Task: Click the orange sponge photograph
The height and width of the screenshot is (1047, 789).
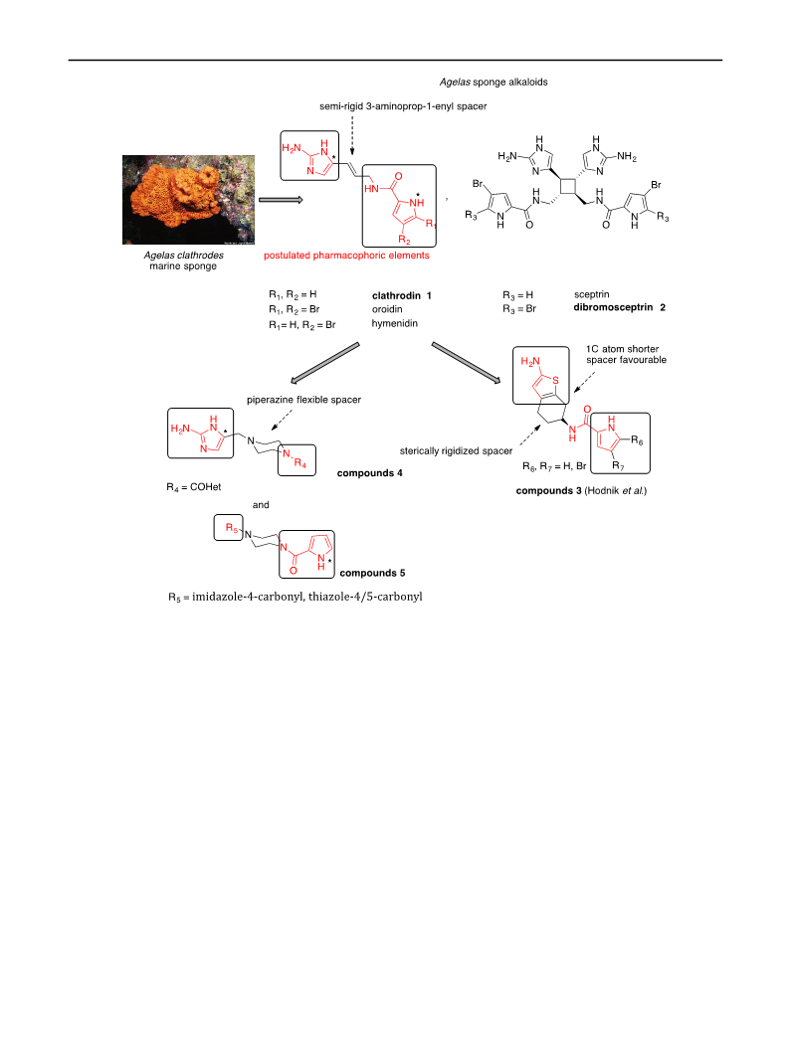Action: pyautogui.click(x=188, y=200)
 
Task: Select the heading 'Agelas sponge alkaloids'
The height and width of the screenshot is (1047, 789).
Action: pyautogui.click(x=493, y=83)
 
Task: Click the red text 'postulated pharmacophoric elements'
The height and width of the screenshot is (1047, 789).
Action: pyautogui.click(x=346, y=256)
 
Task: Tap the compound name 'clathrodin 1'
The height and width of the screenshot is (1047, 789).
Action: pyautogui.click(x=402, y=295)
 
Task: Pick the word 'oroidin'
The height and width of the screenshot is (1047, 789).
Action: pyautogui.click(x=387, y=309)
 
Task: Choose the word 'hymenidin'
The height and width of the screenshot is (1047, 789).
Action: pyautogui.click(x=395, y=323)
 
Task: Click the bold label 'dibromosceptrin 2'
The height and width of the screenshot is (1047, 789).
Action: pyautogui.click(x=619, y=307)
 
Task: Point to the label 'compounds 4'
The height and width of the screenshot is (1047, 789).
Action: pyautogui.click(x=369, y=472)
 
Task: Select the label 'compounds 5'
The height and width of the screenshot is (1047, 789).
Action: pyautogui.click(x=372, y=573)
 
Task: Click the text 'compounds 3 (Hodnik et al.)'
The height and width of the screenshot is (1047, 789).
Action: pyautogui.click(x=581, y=491)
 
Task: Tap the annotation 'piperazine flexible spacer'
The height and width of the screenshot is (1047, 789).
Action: pyautogui.click(x=304, y=400)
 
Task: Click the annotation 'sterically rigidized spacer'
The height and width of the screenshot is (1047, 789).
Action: pyautogui.click(x=457, y=450)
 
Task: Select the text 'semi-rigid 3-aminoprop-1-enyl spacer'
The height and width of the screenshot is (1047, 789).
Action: pyautogui.click(x=403, y=106)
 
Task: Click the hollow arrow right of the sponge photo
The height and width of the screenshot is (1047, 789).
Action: pyautogui.click(x=281, y=200)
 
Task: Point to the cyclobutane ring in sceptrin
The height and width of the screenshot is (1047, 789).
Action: pyautogui.click(x=568, y=186)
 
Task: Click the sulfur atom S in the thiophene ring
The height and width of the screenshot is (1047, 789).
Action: pyautogui.click(x=555, y=381)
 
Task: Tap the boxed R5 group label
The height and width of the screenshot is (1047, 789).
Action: pyautogui.click(x=231, y=528)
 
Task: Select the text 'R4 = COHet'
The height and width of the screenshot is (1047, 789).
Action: pyautogui.click(x=194, y=487)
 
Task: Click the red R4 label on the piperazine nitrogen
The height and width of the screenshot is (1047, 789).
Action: pyautogui.click(x=299, y=463)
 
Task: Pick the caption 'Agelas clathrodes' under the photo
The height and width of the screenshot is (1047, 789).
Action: pyautogui.click(x=184, y=256)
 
